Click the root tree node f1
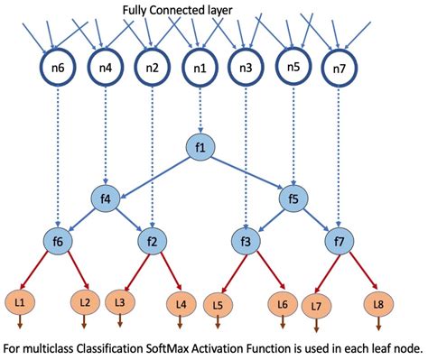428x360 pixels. [x=201, y=146]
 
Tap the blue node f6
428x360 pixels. [x=58, y=241]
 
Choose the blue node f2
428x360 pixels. [x=153, y=241]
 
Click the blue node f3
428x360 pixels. [x=246, y=241]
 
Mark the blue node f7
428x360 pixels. [x=340, y=241]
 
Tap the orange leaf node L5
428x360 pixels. [x=219, y=304]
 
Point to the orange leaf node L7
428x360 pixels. [x=316, y=304]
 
